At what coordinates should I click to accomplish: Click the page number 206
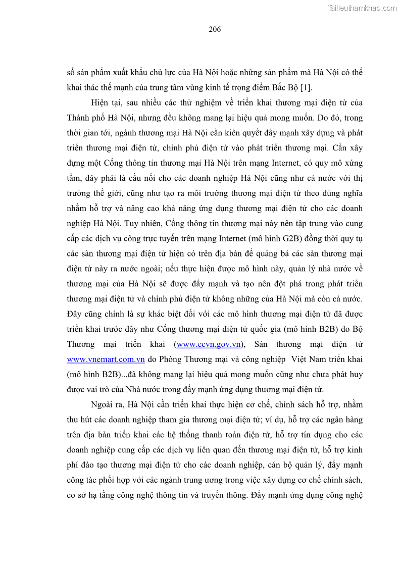(x=215, y=29)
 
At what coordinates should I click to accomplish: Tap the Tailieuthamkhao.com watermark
(x=362, y=8)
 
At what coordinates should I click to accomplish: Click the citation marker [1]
(x=306, y=87)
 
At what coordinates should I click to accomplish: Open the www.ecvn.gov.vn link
(x=208, y=344)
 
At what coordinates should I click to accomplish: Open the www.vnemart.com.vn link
(x=106, y=359)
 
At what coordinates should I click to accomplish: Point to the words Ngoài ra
(x=107, y=405)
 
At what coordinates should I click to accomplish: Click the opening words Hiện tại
(x=105, y=102)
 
